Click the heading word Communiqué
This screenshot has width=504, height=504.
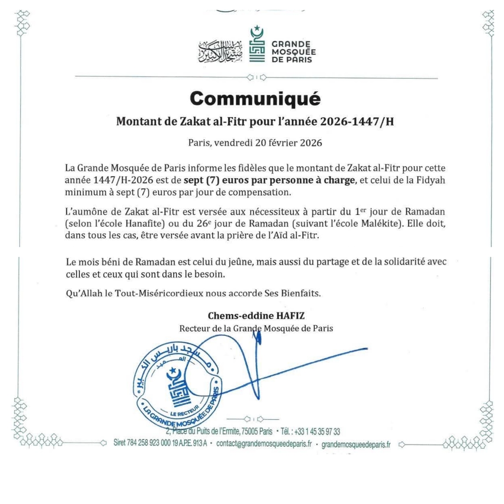click(x=256, y=99)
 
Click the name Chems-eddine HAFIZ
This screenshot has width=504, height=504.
click(x=256, y=315)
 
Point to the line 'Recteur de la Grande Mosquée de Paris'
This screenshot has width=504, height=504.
click(x=256, y=328)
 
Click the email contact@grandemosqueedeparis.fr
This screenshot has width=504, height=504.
click(x=264, y=443)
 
